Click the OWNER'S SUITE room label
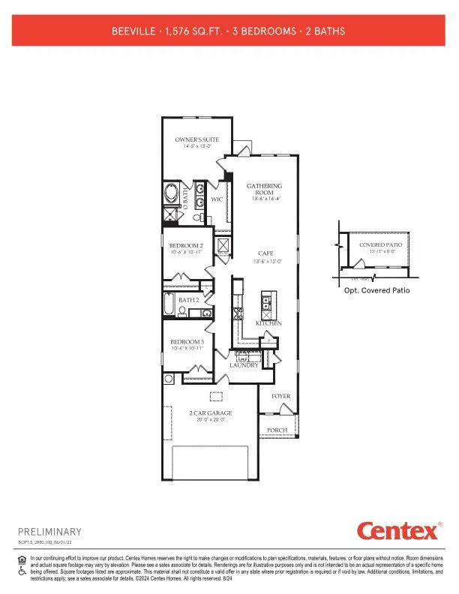196,139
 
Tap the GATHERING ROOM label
265,189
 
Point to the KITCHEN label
268,323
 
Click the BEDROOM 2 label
185,246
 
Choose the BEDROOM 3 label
185,342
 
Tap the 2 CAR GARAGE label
210,413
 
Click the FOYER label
280,396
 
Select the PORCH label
277,430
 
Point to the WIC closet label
216,199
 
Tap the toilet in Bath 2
182,310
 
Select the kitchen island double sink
266,304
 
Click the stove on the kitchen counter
239,313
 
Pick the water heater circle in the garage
169,378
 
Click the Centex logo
398,532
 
